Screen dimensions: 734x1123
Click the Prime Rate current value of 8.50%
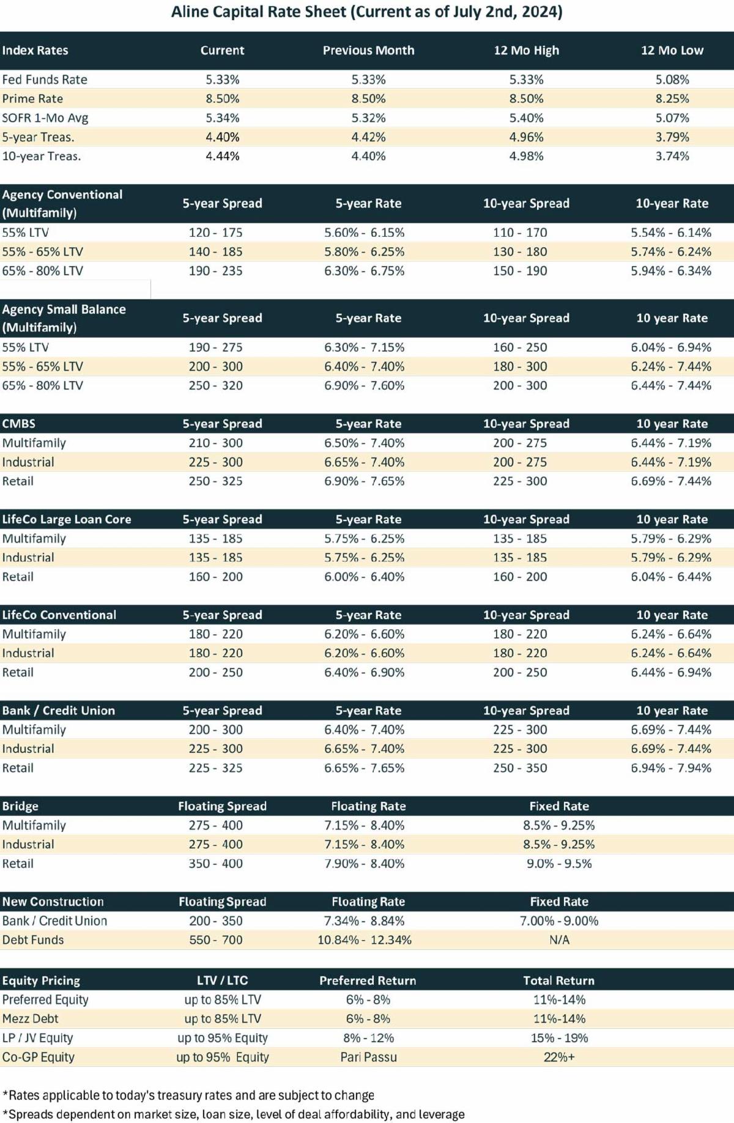point(222,98)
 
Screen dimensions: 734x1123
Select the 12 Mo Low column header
point(672,50)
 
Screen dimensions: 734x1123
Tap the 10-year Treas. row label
point(42,156)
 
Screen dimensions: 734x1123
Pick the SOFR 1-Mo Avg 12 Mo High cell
point(526,117)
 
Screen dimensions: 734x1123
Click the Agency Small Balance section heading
point(64,318)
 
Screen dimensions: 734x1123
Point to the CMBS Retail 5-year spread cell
point(215,481)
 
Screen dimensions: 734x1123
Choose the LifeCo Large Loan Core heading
point(67,519)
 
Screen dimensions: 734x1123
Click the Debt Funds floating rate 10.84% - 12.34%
point(365,940)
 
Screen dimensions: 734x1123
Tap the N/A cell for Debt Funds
point(559,940)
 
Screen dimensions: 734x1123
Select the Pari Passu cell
point(368,1057)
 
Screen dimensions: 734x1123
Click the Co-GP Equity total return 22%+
point(559,1057)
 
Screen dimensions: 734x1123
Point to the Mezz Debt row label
point(30,1018)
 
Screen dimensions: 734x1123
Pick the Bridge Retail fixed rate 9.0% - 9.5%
point(559,863)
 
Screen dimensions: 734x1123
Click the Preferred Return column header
point(368,980)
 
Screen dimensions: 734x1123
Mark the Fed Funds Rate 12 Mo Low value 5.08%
point(672,80)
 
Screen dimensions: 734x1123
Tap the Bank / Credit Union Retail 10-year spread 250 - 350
point(520,768)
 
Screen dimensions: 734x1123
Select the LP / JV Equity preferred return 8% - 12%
point(368,1038)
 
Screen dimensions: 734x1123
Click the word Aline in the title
point(190,12)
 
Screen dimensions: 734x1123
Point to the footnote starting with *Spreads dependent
point(234,1114)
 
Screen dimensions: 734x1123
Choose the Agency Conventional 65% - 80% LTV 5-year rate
point(365,270)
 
